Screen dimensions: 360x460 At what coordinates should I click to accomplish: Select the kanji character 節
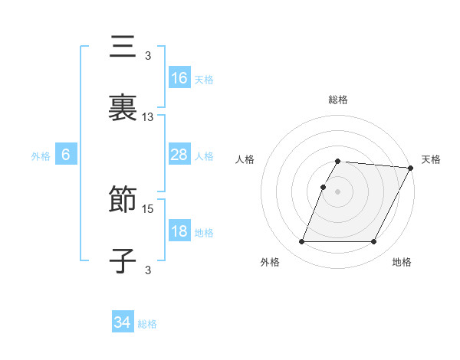click(123, 201)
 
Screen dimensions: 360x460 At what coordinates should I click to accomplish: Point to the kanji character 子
click(123, 260)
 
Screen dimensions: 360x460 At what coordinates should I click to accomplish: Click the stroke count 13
click(148, 117)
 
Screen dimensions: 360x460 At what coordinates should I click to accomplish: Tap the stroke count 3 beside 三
click(148, 55)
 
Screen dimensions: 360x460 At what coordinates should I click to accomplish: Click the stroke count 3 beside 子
click(148, 269)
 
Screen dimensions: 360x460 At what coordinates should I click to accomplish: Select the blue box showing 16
click(179, 78)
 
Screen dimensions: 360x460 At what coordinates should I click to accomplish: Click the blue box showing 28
click(179, 155)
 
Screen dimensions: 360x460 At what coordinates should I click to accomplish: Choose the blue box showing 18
click(179, 231)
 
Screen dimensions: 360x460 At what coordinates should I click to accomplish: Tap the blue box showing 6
click(66, 155)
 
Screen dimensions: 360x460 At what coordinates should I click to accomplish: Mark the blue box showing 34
click(123, 322)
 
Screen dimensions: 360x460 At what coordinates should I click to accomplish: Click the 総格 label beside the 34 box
click(147, 324)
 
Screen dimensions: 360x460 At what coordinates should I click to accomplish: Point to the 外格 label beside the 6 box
click(41, 156)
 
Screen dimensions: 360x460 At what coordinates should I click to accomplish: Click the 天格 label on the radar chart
click(431, 159)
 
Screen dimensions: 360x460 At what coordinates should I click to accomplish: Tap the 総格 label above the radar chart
click(338, 100)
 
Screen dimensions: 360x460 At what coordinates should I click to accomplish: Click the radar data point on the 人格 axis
click(323, 188)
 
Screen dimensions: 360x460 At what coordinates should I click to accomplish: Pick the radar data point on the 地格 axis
click(374, 242)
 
